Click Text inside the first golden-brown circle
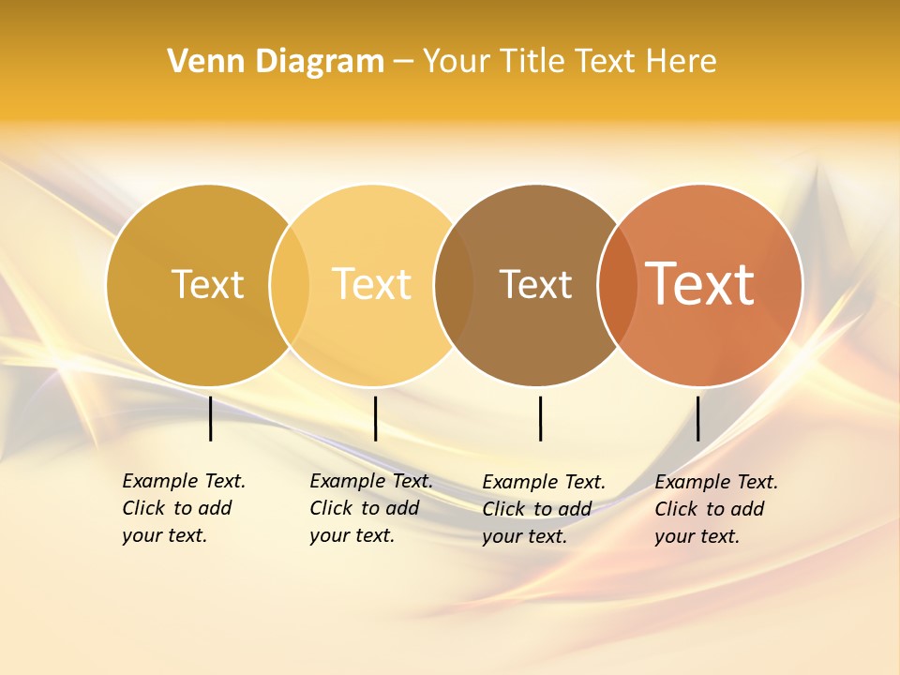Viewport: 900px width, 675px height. (x=207, y=284)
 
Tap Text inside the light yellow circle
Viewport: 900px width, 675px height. (x=372, y=284)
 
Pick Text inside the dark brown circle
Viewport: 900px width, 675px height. (x=535, y=284)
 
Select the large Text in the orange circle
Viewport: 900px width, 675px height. (x=700, y=284)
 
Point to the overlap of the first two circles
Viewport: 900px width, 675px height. (x=289, y=285)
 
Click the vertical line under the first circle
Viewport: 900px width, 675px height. (x=211, y=418)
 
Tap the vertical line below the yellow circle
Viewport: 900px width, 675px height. (x=375, y=418)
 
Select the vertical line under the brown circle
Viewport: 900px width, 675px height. (x=540, y=418)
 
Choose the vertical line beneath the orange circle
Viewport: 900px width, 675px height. (x=697, y=418)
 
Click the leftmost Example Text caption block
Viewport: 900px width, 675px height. (x=184, y=508)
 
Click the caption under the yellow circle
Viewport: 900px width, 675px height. (x=371, y=508)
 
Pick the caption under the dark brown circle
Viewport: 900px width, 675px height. (x=544, y=509)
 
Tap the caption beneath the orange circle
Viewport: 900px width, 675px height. (x=716, y=509)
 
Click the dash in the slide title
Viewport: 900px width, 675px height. (x=403, y=63)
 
